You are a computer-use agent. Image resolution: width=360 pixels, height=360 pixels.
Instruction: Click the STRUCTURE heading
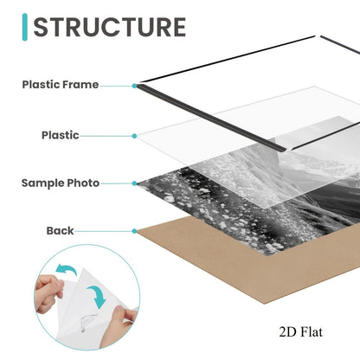coord(110,27)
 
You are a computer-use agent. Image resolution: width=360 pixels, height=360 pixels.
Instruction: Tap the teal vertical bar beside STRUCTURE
coord(25,27)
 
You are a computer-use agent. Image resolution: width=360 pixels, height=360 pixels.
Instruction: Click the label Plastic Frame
coord(61,85)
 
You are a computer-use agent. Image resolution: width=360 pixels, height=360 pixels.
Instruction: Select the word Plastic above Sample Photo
coord(60,135)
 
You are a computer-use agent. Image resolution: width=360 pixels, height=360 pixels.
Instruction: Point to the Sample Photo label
coord(61,183)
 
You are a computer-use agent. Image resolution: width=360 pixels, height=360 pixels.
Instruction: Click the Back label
coord(60,230)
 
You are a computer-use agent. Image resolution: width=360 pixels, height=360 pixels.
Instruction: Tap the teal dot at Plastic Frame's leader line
coord(134,86)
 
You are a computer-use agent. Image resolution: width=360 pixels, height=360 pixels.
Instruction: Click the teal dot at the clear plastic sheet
coord(134,136)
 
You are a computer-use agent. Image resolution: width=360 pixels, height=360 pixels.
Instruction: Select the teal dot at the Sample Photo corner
coord(134,183)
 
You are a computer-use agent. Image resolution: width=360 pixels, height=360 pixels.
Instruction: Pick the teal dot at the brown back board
coord(134,231)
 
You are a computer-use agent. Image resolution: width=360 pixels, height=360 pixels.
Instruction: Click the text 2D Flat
coord(300,332)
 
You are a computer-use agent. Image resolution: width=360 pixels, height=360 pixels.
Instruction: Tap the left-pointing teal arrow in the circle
coord(66,270)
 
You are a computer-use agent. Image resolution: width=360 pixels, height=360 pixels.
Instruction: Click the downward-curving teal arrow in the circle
coord(97,296)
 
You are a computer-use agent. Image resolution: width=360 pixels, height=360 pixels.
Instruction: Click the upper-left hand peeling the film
coord(49,292)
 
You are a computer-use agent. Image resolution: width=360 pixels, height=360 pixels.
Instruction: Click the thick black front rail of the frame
coord(210,118)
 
